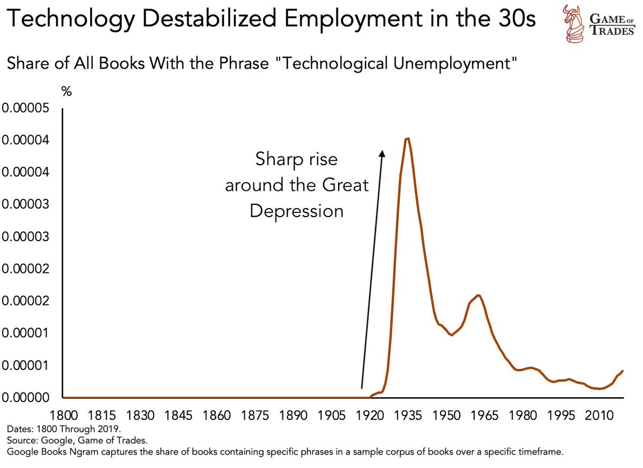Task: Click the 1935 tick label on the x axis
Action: pyautogui.click(x=407, y=416)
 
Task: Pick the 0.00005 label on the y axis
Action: pyautogui.click(x=26, y=108)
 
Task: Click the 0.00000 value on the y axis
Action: pyautogui.click(x=26, y=398)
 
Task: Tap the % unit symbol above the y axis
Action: pyautogui.click(x=66, y=92)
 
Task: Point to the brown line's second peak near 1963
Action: pyautogui.click(x=478, y=295)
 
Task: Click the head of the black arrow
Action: pyautogui.click(x=382, y=153)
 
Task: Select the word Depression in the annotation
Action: pyautogui.click(x=296, y=211)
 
